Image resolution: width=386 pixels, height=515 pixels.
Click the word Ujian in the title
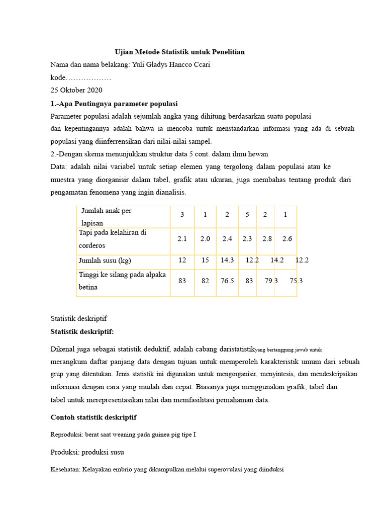[125, 52]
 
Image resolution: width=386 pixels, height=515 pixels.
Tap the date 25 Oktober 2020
[76, 90]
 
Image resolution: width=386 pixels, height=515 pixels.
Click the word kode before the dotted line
[58, 77]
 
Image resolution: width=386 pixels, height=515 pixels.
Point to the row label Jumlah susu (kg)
[105, 260]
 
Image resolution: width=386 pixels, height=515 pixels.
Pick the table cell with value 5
[247, 215]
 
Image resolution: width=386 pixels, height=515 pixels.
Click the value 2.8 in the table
[267, 239]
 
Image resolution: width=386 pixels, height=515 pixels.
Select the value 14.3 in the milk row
[227, 260]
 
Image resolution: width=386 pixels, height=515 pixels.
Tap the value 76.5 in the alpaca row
[227, 281]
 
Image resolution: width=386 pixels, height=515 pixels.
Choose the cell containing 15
[205, 260]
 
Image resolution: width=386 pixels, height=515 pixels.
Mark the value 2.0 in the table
[205, 239]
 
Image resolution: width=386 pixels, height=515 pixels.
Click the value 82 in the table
[205, 281]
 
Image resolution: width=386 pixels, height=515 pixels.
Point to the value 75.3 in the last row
[297, 281]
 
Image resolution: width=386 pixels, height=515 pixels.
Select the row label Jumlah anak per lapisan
[106, 217]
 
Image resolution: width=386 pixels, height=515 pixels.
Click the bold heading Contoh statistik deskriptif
[93, 417]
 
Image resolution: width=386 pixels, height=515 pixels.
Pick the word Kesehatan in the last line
[65, 470]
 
